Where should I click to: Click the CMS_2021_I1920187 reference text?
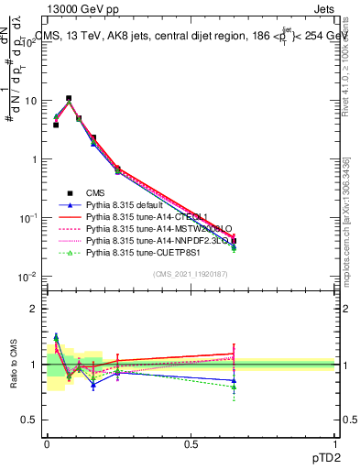(191, 274)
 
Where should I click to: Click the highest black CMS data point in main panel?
(69, 98)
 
